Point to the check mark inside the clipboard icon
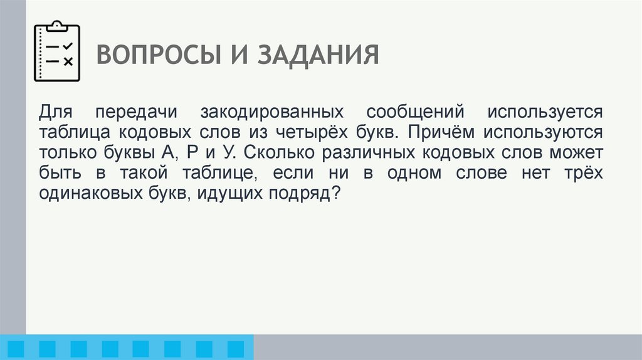(68, 46)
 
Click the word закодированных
(272, 113)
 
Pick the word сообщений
(415, 113)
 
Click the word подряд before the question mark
(303, 194)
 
